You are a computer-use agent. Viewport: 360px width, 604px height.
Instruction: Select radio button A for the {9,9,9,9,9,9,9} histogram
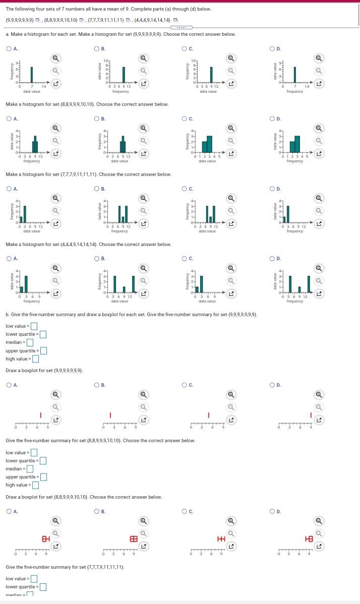coord(9,49)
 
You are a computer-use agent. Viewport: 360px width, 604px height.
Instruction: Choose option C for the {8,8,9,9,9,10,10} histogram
coord(185,119)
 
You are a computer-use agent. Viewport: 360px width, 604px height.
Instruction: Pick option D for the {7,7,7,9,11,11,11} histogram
coord(273,189)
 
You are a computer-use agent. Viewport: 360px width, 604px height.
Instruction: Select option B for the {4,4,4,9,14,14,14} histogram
coord(97,259)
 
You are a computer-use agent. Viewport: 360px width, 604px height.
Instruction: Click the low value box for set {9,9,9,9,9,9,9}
coord(34,326)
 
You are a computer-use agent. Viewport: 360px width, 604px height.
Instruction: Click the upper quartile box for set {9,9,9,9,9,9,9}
coord(43,351)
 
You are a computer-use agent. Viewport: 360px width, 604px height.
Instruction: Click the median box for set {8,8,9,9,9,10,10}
coord(30,469)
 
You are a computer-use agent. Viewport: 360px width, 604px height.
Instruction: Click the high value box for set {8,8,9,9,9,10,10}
coord(35,486)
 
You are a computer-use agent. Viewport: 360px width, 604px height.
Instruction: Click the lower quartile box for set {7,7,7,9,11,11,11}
coord(43,587)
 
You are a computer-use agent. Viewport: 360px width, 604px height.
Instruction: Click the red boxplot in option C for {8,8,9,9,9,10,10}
coord(220,538)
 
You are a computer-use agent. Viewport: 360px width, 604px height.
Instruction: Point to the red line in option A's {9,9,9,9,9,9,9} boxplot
coord(41,415)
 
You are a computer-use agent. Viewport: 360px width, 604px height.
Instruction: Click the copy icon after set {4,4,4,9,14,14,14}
coord(175,20)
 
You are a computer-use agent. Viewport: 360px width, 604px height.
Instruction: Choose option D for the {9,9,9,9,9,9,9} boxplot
coord(273,385)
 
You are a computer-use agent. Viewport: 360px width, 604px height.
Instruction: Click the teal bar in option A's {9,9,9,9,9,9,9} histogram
coord(31,75)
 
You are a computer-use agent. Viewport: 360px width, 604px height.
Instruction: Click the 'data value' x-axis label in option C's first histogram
coord(208,92)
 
